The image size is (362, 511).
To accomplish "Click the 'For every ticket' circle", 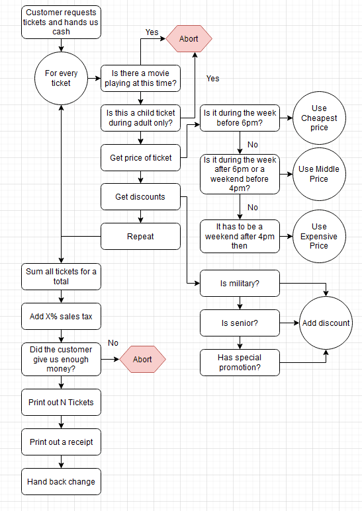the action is tap(61, 78).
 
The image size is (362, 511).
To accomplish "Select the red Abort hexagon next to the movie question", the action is tap(189, 39).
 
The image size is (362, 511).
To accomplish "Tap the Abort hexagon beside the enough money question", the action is tap(142, 359).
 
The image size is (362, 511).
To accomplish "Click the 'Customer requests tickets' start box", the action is tap(61, 22).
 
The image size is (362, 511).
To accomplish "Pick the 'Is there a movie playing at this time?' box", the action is tap(140, 78).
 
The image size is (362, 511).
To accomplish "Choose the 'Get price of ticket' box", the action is tap(140, 158).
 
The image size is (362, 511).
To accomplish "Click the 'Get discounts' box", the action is tap(140, 197).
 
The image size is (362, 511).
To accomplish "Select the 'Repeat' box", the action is tap(140, 236).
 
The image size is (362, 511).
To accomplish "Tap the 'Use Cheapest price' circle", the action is tap(319, 118).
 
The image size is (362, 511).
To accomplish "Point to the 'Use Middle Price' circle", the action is tap(319, 174).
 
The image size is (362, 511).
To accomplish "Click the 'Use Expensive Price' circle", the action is tap(319, 236).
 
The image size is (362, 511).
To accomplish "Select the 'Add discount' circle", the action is tap(326, 323).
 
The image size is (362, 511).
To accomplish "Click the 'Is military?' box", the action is tap(240, 283).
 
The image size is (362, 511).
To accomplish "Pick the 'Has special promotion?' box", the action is tap(240, 362).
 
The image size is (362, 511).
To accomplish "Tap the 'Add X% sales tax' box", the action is tap(61, 317).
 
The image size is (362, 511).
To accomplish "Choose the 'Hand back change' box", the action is tap(61, 482).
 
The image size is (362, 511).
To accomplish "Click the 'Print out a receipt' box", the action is tap(61, 442).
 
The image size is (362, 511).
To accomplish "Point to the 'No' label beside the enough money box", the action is tap(113, 343).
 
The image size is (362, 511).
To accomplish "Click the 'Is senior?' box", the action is tap(240, 323).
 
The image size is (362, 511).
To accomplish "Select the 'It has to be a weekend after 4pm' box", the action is tap(240, 236).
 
